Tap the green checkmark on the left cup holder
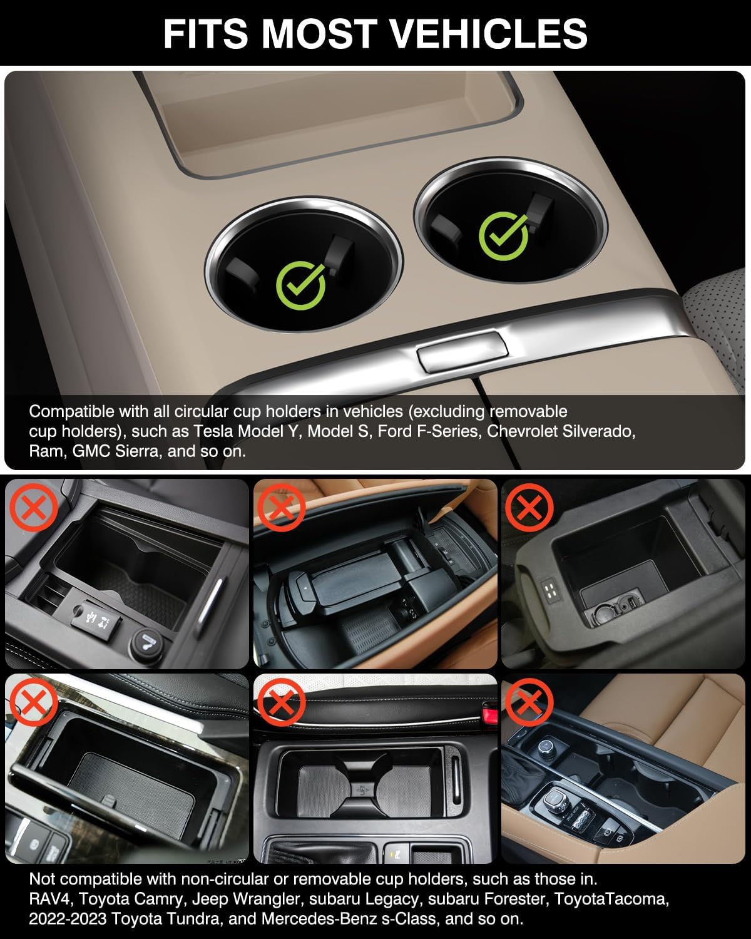[x=301, y=285]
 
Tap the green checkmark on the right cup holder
[x=504, y=235]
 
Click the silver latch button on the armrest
[x=461, y=354]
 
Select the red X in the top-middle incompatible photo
[x=281, y=506]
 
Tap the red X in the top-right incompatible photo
[x=529, y=506]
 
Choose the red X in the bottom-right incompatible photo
[x=529, y=701]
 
